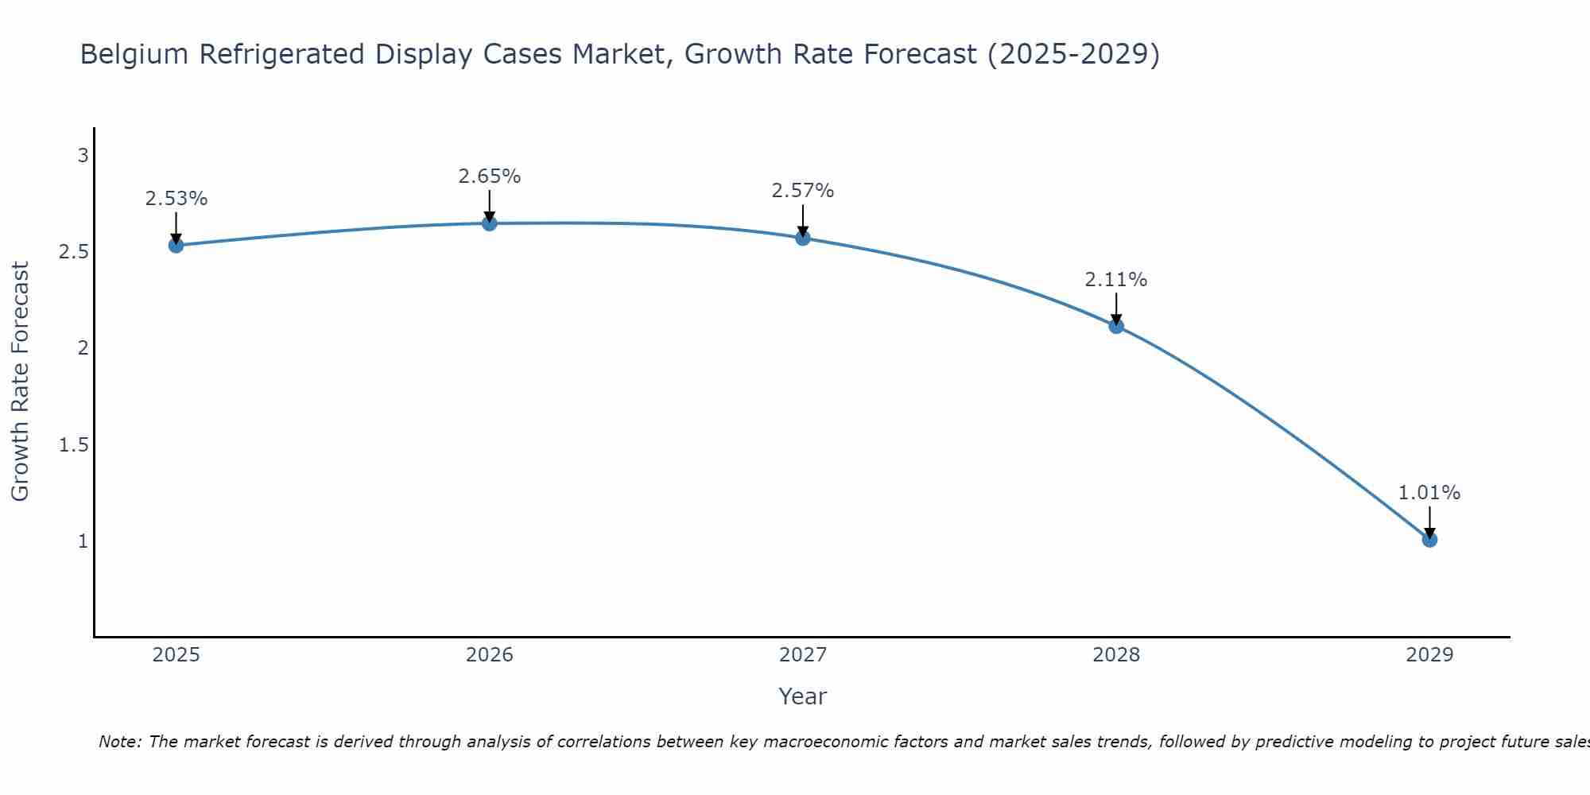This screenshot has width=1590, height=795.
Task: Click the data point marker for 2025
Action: click(176, 245)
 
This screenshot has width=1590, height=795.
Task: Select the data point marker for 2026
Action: click(490, 223)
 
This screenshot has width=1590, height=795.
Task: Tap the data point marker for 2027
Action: click(803, 238)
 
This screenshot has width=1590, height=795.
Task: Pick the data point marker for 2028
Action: click(1116, 326)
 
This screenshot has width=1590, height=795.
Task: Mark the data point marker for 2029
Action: click(1429, 540)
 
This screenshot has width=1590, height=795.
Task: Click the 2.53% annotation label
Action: click(176, 199)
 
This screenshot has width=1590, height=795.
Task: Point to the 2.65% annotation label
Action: click(490, 176)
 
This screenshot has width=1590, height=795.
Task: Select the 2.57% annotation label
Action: click(803, 191)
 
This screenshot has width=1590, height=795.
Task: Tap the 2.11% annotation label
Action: click(1116, 280)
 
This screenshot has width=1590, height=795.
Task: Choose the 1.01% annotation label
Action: click(1429, 493)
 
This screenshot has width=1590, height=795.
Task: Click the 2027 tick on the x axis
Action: click(803, 655)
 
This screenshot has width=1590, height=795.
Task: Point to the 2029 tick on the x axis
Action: click(1429, 655)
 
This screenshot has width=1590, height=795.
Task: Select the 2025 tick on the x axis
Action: click(176, 655)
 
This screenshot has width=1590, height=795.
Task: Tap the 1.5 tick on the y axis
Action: click(74, 444)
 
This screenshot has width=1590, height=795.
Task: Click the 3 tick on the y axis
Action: click(83, 156)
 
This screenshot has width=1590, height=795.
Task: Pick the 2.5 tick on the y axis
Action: click(74, 252)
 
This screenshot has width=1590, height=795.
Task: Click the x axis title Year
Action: click(803, 696)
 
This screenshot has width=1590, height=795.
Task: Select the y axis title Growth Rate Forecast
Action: click(21, 382)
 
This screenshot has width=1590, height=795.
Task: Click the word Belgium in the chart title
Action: click(134, 54)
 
